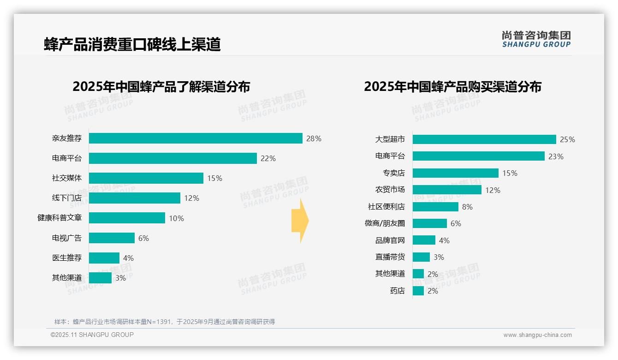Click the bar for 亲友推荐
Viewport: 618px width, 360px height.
click(196, 138)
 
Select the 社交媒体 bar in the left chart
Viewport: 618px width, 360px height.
click(146, 178)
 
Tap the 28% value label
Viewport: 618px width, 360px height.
click(314, 138)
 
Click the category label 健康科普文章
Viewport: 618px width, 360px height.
click(59, 218)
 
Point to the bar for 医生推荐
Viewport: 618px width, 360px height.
click(104, 258)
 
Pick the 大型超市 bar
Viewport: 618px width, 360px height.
click(484, 139)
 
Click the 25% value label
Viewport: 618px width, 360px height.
click(568, 139)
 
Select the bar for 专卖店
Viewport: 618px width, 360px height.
click(455, 173)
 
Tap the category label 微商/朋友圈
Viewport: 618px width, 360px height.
click(385, 223)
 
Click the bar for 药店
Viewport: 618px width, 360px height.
click(418, 291)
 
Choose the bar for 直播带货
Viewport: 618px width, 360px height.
click(421, 257)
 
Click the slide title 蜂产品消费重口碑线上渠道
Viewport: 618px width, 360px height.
click(132, 44)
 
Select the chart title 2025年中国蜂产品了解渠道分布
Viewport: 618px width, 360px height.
click(161, 86)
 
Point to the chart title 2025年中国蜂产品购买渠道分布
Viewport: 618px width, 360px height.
click(452, 86)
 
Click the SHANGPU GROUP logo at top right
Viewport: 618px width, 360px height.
click(536, 39)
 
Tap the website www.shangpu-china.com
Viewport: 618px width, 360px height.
click(537, 335)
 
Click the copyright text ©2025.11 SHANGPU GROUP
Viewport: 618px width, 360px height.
click(92, 335)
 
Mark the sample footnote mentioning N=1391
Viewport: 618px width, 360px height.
click(165, 322)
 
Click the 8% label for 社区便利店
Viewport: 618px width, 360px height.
click(467, 207)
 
